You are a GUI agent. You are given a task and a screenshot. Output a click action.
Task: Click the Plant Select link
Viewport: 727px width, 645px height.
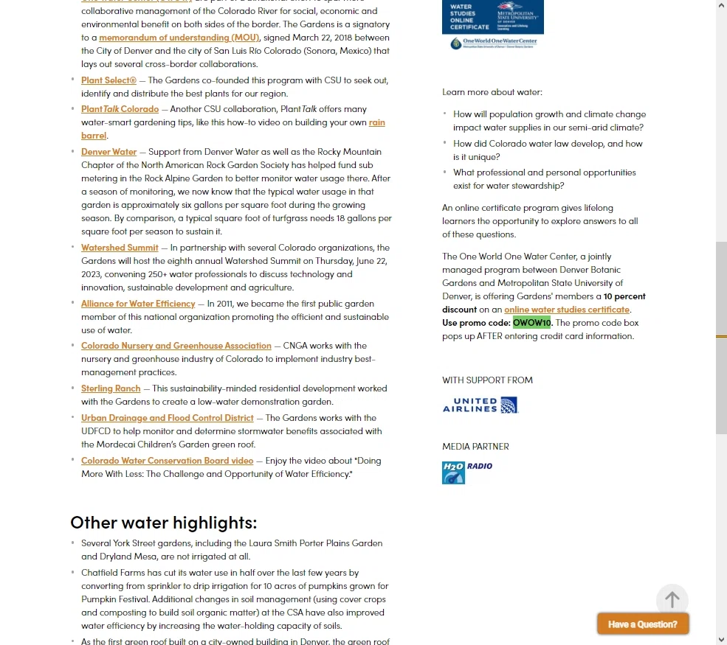(x=108, y=80)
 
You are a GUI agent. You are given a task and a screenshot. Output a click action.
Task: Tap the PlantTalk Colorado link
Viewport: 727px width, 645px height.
(x=120, y=109)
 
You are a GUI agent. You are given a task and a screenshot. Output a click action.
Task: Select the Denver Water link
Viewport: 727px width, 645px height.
(x=108, y=152)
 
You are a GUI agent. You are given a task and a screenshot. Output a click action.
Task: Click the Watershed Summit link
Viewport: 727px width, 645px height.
(x=120, y=248)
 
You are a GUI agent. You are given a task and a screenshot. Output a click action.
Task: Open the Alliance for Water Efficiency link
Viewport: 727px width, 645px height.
(x=138, y=304)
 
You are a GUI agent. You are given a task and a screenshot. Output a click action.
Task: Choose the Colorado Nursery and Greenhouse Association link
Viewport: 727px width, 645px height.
(x=176, y=346)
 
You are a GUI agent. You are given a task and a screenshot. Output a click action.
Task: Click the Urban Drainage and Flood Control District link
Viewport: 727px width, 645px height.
(x=168, y=418)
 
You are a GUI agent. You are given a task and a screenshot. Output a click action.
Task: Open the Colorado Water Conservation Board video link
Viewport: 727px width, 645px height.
(x=168, y=461)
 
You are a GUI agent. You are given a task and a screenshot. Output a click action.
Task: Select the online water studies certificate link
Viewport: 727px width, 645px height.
(x=567, y=310)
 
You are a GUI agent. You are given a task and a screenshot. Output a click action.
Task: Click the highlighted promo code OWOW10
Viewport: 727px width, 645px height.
(x=531, y=323)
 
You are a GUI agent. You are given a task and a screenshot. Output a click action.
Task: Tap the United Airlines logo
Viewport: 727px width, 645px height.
(x=480, y=405)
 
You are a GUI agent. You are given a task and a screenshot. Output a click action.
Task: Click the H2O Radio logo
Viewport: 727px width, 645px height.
(x=467, y=473)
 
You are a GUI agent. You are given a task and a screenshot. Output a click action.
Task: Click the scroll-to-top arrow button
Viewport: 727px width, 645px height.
(x=672, y=600)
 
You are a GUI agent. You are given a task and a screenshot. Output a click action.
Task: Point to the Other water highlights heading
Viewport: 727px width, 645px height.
(x=164, y=523)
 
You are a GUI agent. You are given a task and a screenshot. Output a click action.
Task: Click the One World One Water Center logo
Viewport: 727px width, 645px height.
(x=493, y=43)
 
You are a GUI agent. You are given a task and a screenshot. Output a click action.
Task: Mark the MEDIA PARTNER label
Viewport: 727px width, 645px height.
(x=475, y=447)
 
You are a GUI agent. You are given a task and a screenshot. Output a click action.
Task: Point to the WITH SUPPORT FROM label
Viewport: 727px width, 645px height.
(x=487, y=380)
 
